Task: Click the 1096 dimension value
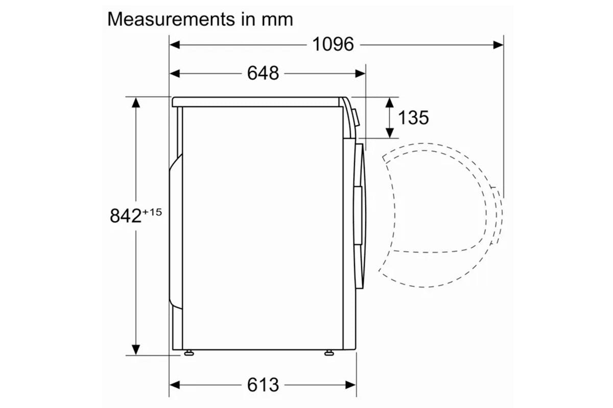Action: point(333,44)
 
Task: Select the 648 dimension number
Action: point(263,73)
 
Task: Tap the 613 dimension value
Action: point(263,385)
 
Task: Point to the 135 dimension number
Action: point(413,118)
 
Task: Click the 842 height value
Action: point(125,216)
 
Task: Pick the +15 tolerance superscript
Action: point(152,212)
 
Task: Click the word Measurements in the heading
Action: point(171,19)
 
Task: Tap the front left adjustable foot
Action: point(189,353)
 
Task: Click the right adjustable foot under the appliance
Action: point(329,353)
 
